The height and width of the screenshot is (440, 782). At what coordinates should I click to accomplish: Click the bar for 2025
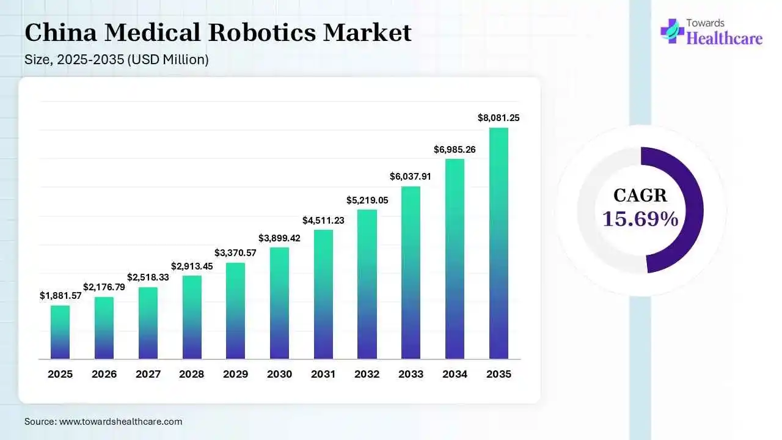60,332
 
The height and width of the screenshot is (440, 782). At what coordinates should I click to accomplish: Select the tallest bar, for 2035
499,243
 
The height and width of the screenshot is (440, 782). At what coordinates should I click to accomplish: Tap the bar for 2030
279,303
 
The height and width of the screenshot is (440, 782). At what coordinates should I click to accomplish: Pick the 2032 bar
367,284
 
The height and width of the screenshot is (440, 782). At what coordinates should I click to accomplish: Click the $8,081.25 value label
499,118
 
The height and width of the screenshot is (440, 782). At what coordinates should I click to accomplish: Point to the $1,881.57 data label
60,296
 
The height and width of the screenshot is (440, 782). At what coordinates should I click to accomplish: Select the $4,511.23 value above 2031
323,221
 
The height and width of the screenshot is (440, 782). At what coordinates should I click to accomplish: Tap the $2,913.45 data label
192,266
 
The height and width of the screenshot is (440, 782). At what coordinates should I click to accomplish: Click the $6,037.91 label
411,177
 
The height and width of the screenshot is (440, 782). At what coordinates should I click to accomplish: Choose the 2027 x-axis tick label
148,374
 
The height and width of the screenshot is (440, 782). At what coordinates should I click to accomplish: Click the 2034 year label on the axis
455,374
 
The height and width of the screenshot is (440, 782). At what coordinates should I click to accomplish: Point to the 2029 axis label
236,374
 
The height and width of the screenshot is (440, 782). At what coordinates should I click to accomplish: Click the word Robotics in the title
262,32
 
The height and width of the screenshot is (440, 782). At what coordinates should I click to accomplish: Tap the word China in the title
60,32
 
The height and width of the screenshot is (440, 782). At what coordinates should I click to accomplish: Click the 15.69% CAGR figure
640,219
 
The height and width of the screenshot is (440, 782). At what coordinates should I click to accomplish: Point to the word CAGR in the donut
640,195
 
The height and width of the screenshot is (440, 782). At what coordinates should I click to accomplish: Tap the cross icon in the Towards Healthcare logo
672,31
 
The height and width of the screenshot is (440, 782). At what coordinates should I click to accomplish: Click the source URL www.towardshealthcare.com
121,422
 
